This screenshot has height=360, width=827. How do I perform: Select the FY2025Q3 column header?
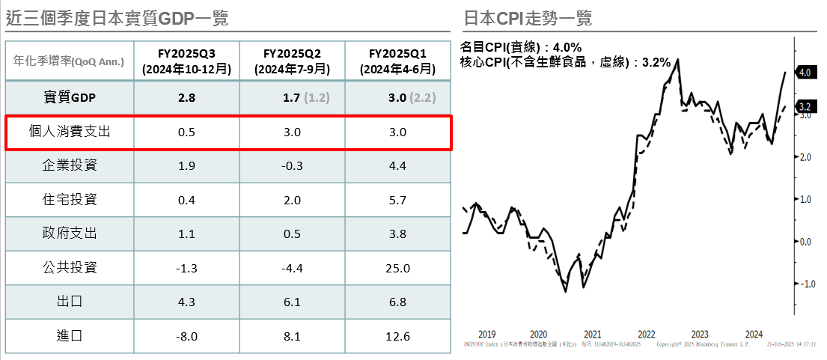(186, 61)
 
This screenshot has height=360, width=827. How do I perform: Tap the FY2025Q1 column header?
(397, 61)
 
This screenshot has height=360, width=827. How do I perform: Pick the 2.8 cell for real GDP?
(186, 97)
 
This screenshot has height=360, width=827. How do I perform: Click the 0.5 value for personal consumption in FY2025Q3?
(186, 132)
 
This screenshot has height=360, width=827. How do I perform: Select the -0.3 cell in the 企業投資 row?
(293, 165)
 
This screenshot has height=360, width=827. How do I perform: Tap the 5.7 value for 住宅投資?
(397, 200)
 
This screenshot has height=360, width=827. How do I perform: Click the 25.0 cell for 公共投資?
(397, 268)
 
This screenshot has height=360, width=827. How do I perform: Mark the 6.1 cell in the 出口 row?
(293, 302)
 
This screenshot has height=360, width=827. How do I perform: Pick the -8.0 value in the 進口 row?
(186, 336)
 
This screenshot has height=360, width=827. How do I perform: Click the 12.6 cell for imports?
(397, 336)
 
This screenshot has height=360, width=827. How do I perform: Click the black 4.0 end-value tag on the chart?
(805, 73)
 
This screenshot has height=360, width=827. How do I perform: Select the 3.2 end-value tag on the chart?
(805, 106)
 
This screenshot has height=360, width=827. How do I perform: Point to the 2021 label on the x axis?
(593, 335)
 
